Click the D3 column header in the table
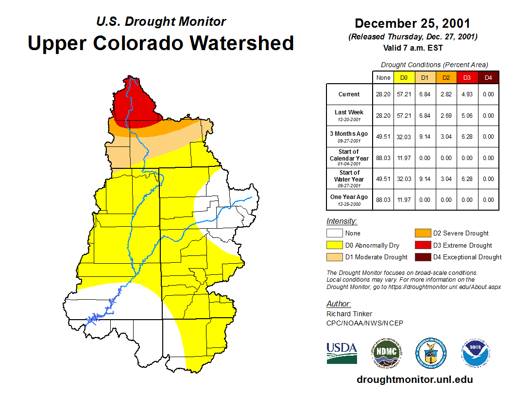[467, 77]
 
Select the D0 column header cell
[404, 77]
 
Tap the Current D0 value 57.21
[404, 94]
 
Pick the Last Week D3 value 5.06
[467, 116]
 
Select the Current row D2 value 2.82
[446, 94]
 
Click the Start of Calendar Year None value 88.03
[383, 158]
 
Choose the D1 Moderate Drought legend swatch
[334, 257]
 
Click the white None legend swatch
[334, 233]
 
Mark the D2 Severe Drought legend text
[461, 233]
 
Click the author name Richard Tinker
[349, 314]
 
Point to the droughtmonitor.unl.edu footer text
[414, 379]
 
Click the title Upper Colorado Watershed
[161, 43]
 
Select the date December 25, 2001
[412, 23]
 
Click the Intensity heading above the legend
[342, 221]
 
